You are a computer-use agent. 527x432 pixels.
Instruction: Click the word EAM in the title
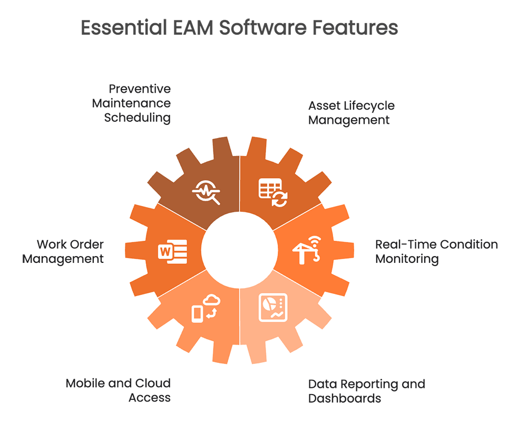click(x=193, y=27)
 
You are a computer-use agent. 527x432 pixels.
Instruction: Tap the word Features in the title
click(x=355, y=27)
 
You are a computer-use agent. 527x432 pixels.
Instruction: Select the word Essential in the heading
click(x=124, y=27)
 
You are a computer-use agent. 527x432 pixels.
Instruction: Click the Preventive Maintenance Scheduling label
click(x=131, y=103)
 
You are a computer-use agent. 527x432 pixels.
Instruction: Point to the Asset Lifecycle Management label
click(x=351, y=113)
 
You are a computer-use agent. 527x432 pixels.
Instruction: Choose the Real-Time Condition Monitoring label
click(x=436, y=252)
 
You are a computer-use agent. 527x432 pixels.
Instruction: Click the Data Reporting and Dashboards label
click(x=366, y=391)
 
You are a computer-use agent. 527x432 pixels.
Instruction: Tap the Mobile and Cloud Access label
click(x=118, y=390)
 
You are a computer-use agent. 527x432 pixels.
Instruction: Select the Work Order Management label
click(x=63, y=252)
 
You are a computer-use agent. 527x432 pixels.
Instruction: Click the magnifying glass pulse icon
click(x=206, y=192)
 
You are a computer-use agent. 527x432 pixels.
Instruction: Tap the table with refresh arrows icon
click(x=273, y=192)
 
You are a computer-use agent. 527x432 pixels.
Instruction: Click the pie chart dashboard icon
click(x=273, y=307)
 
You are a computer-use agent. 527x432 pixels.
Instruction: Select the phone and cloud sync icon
click(x=206, y=308)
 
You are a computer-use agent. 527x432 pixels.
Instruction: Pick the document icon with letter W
click(x=172, y=252)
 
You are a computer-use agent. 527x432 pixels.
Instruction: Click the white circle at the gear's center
click(x=240, y=250)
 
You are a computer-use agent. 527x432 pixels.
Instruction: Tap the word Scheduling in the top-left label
click(x=137, y=118)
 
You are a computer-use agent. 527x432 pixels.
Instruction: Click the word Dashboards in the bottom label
click(x=345, y=398)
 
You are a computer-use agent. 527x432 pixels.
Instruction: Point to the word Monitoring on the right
click(x=407, y=259)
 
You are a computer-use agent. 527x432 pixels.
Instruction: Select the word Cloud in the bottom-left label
click(x=153, y=384)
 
